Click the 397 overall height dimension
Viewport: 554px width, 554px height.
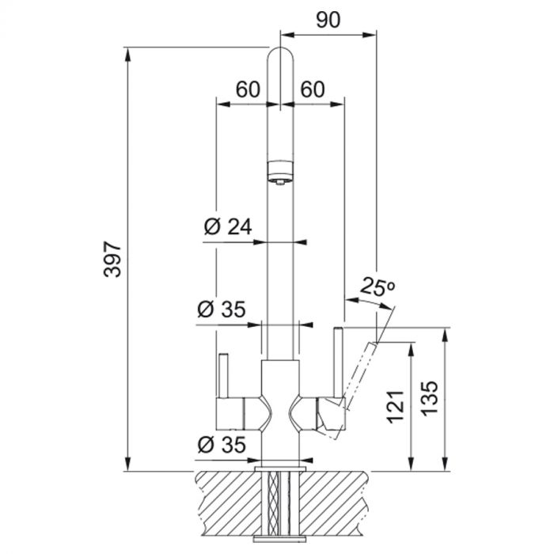tap(113, 259)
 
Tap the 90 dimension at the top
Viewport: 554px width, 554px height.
tap(328, 20)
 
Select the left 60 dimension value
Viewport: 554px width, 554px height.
tap(248, 89)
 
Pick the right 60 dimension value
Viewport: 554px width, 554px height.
tap(313, 89)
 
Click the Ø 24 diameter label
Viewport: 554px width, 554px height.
tap(228, 226)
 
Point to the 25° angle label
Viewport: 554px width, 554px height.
tap(377, 286)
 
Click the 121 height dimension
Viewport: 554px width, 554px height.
tap(395, 407)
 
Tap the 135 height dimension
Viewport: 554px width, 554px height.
tap(430, 399)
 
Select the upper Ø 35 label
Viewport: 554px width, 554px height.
tap(222, 309)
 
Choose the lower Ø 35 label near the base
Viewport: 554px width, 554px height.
tap(222, 444)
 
